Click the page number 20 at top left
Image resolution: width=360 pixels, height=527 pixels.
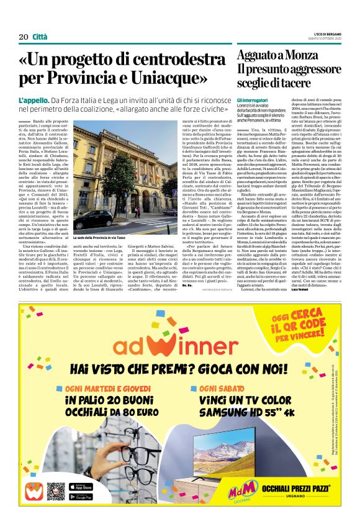pyautogui.click(x=24, y=37)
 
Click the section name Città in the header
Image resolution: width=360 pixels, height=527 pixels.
pyautogui.click(x=40, y=37)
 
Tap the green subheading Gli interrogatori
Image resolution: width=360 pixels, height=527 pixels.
pyautogui.click(x=253, y=101)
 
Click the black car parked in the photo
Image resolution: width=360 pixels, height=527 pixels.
pyautogui.click(x=92, y=219)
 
